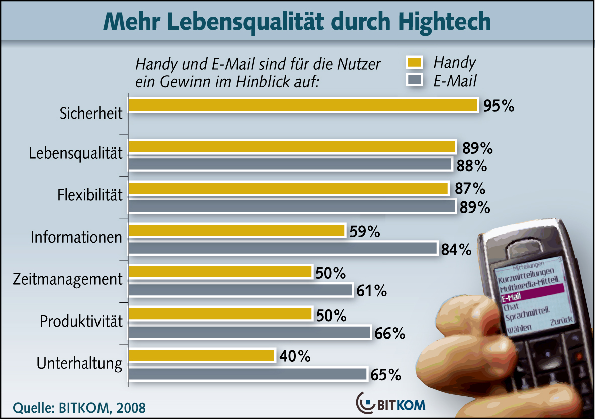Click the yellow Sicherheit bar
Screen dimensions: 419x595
point(303,105)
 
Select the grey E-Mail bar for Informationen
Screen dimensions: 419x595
point(283,248)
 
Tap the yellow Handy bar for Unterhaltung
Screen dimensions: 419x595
point(202,356)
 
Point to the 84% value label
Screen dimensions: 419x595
point(456,249)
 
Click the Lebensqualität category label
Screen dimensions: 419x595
point(75,154)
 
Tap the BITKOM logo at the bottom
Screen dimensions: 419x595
point(391,403)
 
